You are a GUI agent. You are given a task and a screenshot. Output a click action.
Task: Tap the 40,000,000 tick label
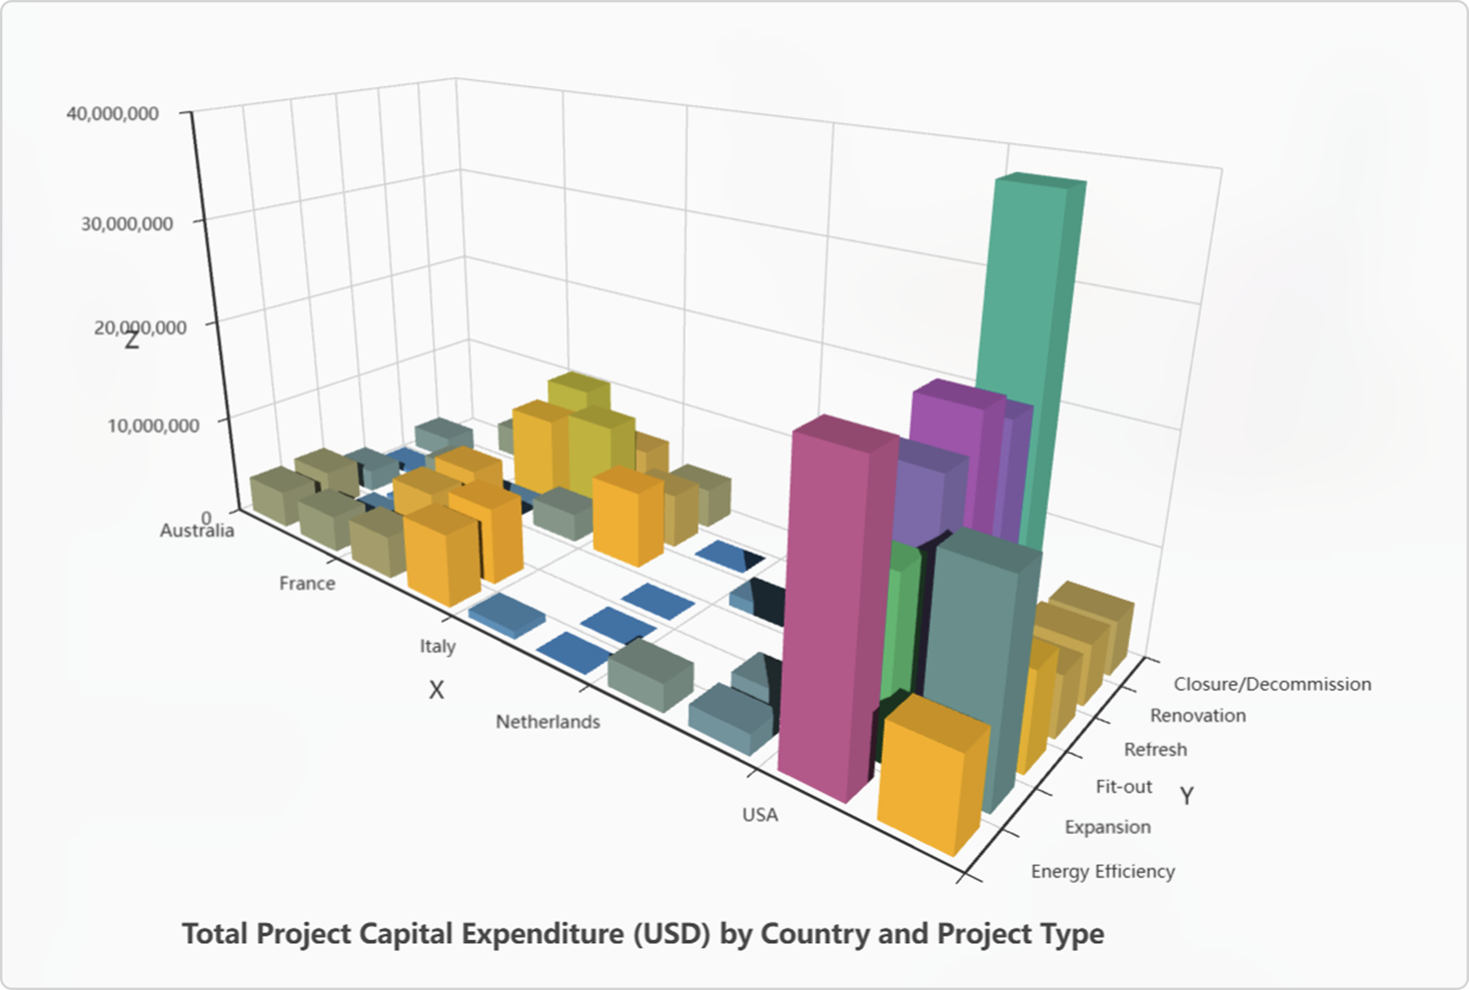[112, 114]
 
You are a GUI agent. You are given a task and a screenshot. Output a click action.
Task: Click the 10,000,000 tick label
[153, 425]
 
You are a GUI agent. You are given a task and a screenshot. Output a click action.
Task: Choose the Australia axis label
[197, 530]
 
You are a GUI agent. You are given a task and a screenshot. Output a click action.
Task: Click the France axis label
[307, 583]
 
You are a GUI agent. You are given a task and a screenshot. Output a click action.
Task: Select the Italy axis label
[437, 646]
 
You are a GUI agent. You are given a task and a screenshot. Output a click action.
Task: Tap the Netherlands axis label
[548, 722]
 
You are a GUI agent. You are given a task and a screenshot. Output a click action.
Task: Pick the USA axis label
[760, 815]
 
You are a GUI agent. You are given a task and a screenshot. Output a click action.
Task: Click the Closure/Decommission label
[1272, 684]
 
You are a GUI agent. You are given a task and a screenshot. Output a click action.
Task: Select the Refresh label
[1155, 750]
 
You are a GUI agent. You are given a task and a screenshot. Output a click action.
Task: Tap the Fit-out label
[1124, 787]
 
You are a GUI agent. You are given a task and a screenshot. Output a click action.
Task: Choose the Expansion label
[1108, 827]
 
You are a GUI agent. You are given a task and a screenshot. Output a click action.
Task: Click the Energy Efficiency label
[1102, 871]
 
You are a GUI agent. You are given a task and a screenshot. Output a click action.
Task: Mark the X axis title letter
[436, 690]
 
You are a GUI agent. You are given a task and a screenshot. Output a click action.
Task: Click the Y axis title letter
[1187, 796]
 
